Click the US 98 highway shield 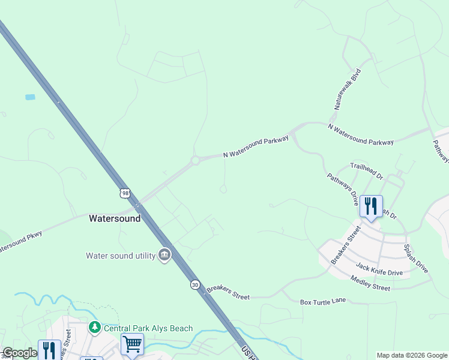pos(124,193)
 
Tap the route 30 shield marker pos(195,284)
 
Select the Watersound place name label pos(115,218)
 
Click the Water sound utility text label pos(120,256)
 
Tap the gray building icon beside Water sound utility pos(164,256)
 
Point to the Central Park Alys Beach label pos(148,328)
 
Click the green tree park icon pos(95,328)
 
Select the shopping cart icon pos(132,344)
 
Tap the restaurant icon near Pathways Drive pos(371,206)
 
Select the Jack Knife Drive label pos(379,269)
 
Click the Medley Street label pos(370,284)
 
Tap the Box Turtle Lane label pos(324,300)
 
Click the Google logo pos(20,353)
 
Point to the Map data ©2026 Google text pos(411,355)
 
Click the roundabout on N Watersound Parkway pos(195,161)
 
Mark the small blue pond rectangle pos(30,97)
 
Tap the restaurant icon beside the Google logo pos(49,350)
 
